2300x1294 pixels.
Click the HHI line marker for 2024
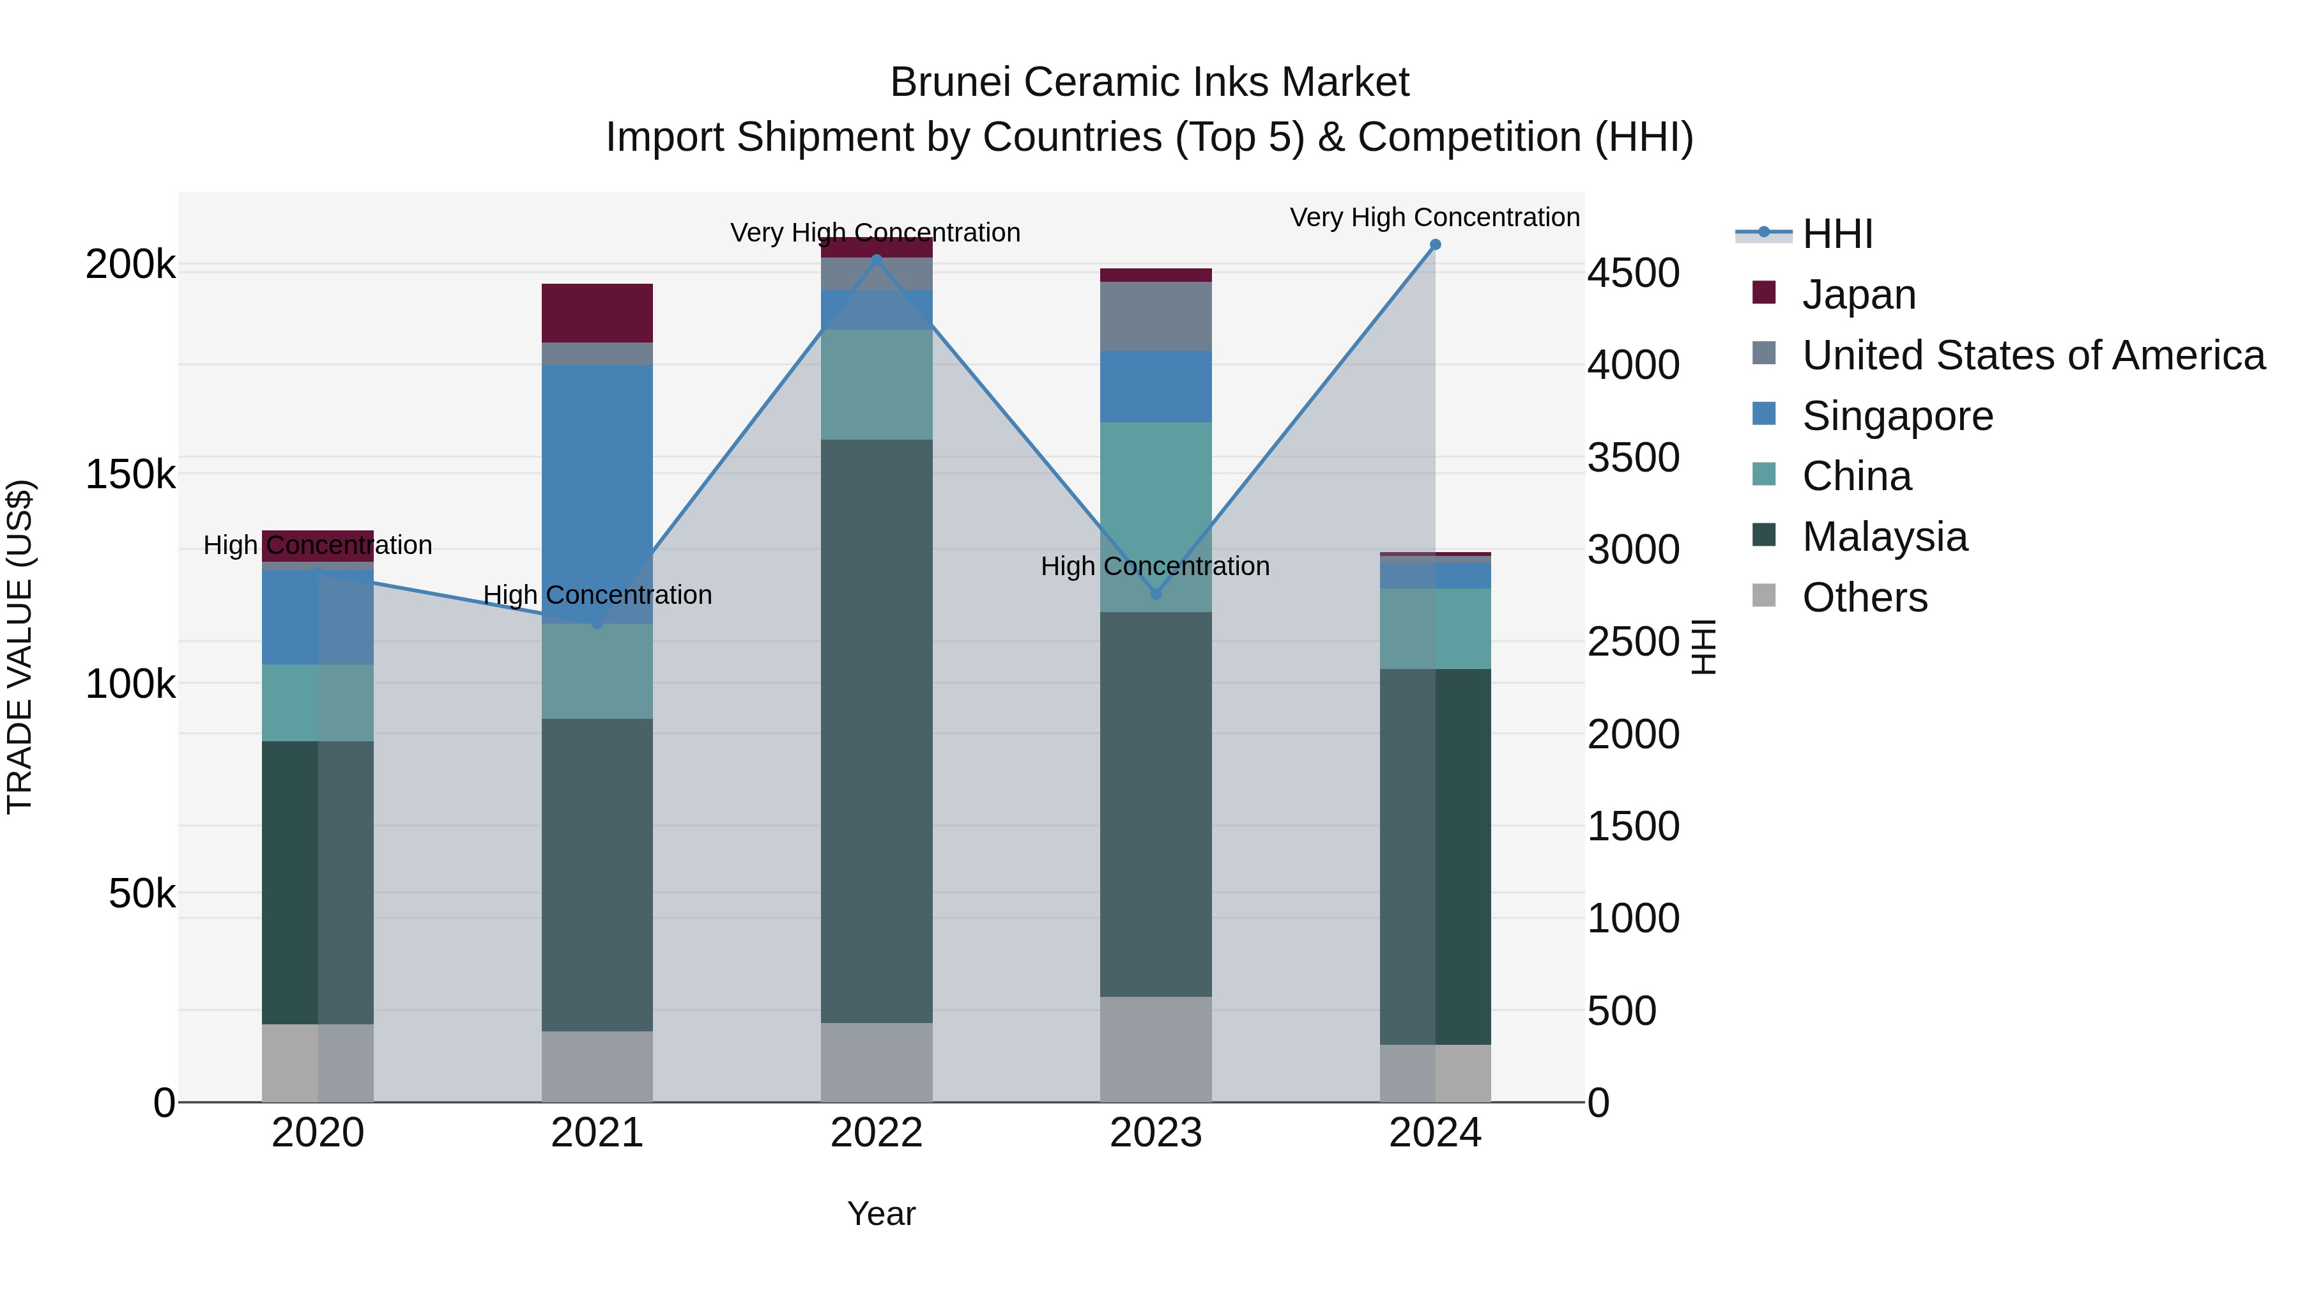[1435, 245]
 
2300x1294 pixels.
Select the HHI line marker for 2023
[1155, 594]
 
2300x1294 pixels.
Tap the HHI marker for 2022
[876, 260]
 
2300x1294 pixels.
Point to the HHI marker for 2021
[597, 623]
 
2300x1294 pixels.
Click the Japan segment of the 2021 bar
[597, 312]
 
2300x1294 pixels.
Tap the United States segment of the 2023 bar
[1155, 316]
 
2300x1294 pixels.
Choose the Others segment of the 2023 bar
[1155, 1049]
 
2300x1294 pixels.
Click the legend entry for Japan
[1859, 295]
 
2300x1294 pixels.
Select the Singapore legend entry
[1897, 416]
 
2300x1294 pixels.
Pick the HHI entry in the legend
[1837, 234]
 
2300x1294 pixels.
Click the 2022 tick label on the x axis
[876, 1133]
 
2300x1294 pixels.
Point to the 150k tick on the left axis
[130, 474]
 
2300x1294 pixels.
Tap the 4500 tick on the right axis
[1633, 273]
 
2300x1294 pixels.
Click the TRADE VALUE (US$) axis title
[20, 647]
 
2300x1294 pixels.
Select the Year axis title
[881, 1213]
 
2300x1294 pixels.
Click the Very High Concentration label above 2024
[1435, 217]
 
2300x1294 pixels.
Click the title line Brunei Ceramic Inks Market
[1149, 82]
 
